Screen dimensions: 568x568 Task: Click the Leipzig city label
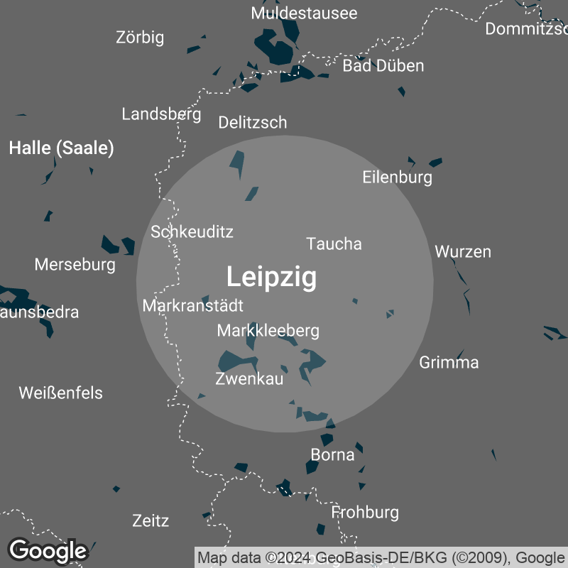(271, 276)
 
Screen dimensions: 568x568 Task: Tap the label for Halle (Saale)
(61, 148)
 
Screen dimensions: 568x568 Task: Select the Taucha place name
(334, 244)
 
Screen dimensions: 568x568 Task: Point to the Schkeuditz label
(192, 231)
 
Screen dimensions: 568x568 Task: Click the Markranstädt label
(192, 306)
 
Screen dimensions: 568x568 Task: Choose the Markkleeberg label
(268, 330)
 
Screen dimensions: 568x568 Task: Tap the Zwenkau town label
(249, 379)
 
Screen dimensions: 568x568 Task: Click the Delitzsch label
(253, 122)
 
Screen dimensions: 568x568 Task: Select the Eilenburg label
(397, 177)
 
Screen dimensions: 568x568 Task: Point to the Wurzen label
(463, 251)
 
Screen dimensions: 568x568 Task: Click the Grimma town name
(449, 363)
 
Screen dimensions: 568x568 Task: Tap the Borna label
(332, 454)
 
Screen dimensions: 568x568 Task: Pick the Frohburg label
(365, 512)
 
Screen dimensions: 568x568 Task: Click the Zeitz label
(151, 520)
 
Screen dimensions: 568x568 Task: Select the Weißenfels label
(61, 393)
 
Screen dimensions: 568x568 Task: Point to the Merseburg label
(75, 265)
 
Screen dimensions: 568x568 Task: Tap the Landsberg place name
(161, 114)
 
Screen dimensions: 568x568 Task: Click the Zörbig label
(140, 38)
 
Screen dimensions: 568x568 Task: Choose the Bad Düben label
(383, 66)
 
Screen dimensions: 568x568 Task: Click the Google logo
(48, 550)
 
